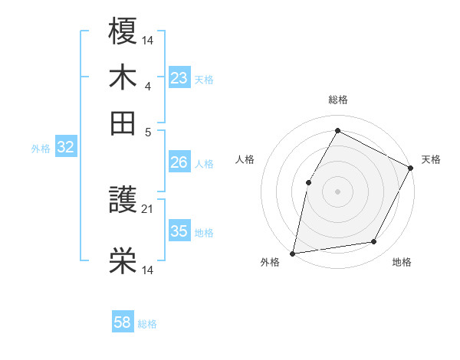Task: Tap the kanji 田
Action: click(x=123, y=122)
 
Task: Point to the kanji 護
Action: click(x=123, y=202)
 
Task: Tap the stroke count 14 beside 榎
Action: click(x=148, y=39)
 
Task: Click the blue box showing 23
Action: click(x=179, y=77)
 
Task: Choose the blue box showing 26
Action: click(x=179, y=162)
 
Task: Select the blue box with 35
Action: click(x=179, y=231)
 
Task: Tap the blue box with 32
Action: click(x=65, y=148)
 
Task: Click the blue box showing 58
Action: click(x=123, y=322)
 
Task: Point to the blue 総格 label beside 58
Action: click(x=147, y=324)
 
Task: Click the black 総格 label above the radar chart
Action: click(x=337, y=100)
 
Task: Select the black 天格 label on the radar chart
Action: click(x=431, y=159)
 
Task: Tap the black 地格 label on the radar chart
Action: click(x=402, y=262)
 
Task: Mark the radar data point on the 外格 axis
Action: click(x=293, y=253)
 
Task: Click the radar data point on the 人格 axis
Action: click(x=308, y=182)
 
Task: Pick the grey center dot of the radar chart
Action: click(x=337, y=191)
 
